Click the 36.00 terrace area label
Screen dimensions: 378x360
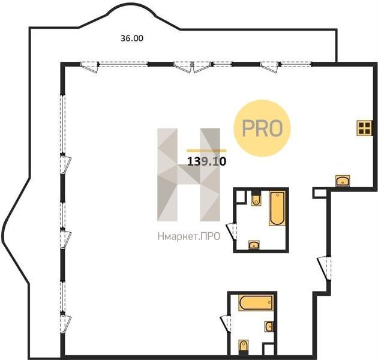point(132,38)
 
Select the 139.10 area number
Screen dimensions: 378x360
point(206,161)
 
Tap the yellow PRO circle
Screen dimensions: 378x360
point(262,128)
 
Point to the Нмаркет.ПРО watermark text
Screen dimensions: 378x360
point(189,236)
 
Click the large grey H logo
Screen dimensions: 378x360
point(188,175)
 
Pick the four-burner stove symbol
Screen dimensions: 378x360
point(364,128)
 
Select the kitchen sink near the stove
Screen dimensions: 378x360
point(343,181)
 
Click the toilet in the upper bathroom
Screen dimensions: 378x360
point(256,199)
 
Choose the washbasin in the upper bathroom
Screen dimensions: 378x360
point(254,245)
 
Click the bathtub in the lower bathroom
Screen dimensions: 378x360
point(256,302)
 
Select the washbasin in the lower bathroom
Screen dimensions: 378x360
point(269,326)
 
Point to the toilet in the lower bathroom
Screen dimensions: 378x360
point(244,347)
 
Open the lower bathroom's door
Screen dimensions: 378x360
point(226,325)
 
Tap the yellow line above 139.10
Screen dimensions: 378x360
point(206,151)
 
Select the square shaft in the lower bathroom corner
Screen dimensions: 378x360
point(268,349)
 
